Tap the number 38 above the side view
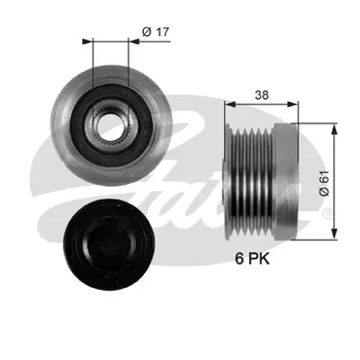click(261, 93)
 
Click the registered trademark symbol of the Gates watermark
click(326, 213)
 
